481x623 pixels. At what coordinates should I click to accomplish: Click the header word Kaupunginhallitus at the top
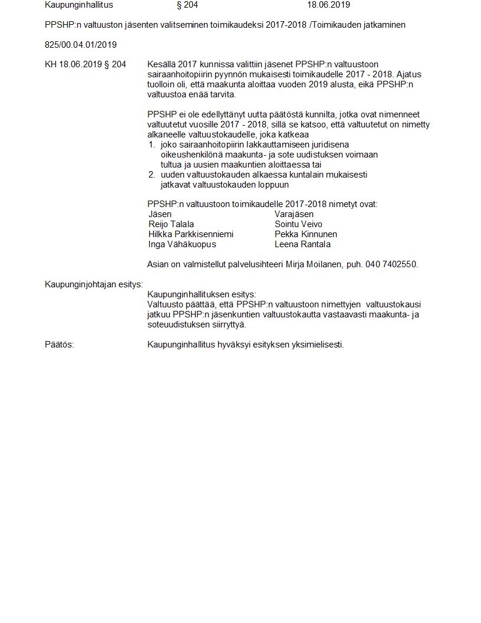tap(78, 5)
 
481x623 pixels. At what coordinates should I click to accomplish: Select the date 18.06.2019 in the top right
tap(328, 5)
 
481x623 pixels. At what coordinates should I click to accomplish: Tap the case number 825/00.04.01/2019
tap(81, 45)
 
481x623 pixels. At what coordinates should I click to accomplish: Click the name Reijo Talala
tap(171, 224)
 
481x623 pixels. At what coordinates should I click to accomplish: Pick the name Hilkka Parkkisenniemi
tap(191, 234)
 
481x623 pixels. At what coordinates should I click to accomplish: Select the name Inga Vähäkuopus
tap(182, 244)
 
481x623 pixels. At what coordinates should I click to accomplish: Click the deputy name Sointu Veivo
tap(298, 224)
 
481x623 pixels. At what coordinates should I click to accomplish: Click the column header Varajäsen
tap(294, 214)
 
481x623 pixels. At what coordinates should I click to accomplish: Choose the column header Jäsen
tap(160, 214)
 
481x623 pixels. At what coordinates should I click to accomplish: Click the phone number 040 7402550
tap(391, 264)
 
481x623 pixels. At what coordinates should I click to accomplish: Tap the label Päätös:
tap(60, 345)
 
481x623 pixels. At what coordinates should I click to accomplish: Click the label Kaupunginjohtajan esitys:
tap(94, 284)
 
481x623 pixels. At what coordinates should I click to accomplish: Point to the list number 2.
tap(151, 175)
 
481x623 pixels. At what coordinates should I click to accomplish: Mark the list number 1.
tap(151, 145)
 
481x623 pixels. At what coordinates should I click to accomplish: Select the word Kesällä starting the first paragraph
tap(163, 64)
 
